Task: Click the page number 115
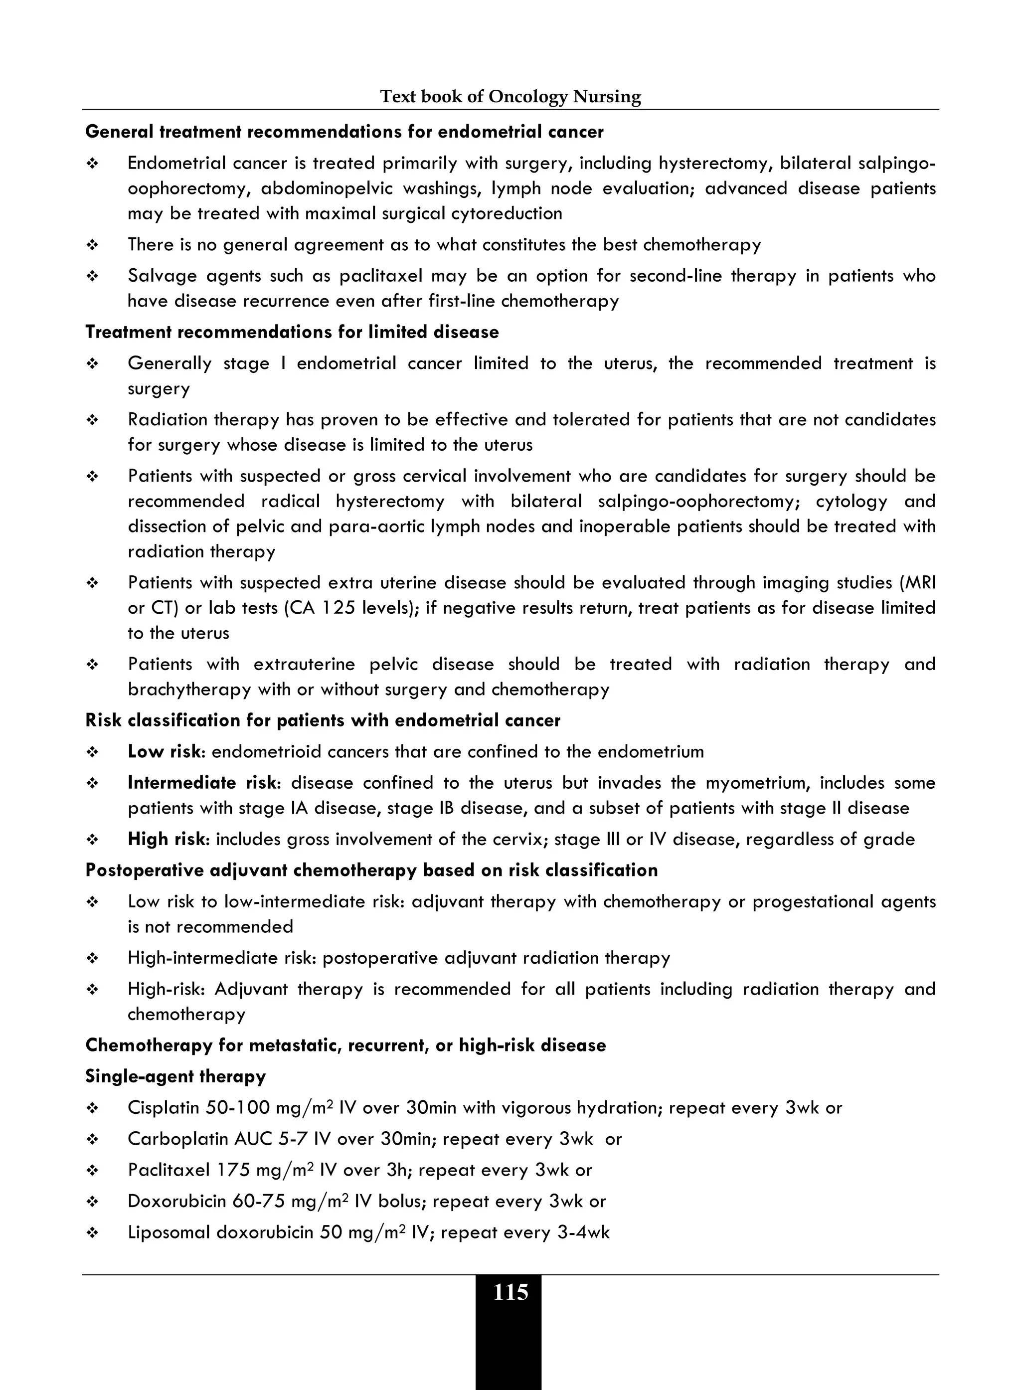point(510,1292)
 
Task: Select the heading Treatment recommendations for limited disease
point(292,333)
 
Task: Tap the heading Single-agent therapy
point(175,1076)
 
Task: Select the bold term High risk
point(166,839)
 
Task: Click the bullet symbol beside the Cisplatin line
point(93,1109)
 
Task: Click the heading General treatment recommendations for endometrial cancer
point(344,132)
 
